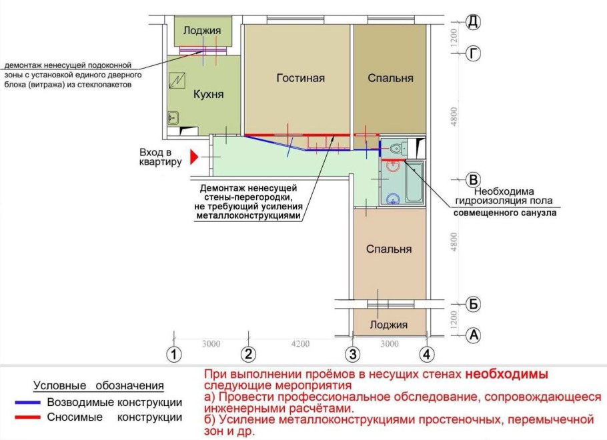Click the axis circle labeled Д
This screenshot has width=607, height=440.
pyautogui.click(x=473, y=22)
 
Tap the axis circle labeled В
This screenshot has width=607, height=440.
pyautogui.click(x=473, y=180)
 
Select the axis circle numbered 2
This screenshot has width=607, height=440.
pyautogui.click(x=248, y=354)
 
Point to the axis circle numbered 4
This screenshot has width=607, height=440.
pyautogui.click(x=426, y=354)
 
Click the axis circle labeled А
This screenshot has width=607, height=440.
pyautogui.click(x=473, y=335)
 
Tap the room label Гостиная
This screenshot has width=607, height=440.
pyautogui.click(x=300, y=78)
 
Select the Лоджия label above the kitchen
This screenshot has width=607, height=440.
pyautogui.click(x=202, y=31)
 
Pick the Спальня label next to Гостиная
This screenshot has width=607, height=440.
pyautogui.click(x=390, y=78)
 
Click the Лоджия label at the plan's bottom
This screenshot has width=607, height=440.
pyautogui.click(x=389, y=325)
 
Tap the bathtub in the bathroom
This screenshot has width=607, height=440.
pyautogui.click(x=414, y=182)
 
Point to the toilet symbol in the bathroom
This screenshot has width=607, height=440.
pyautogui.click(x=398, y=149)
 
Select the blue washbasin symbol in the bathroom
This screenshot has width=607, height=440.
pyautogui.click(x=394, y=197)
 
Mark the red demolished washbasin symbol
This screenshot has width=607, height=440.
pyautogui.click(x=393, y=166)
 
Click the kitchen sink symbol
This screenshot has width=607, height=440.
pyautogui.click(x=172, y=119)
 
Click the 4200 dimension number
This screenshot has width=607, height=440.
pyautogui.click(x=300, y=344)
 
